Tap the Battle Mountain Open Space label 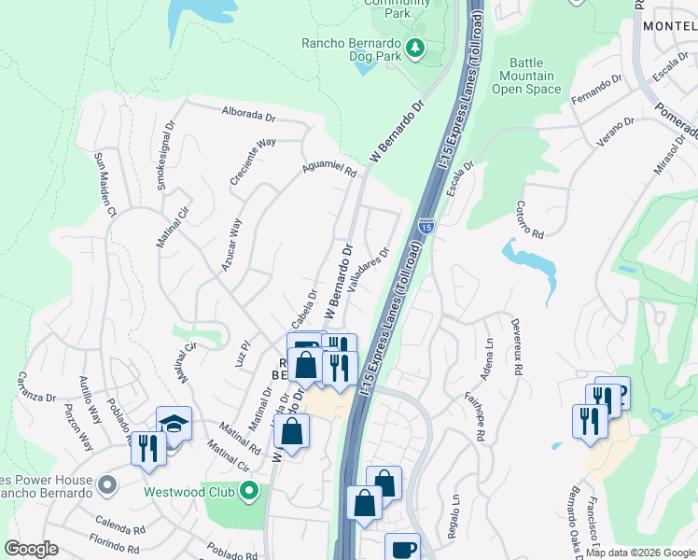526,76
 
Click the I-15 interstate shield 426,226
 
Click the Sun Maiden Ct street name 104,186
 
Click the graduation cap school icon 174,425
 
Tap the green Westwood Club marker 249,490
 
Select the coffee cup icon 402,549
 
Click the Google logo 31,549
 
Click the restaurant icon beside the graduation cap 147,448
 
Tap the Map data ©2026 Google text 640,553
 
